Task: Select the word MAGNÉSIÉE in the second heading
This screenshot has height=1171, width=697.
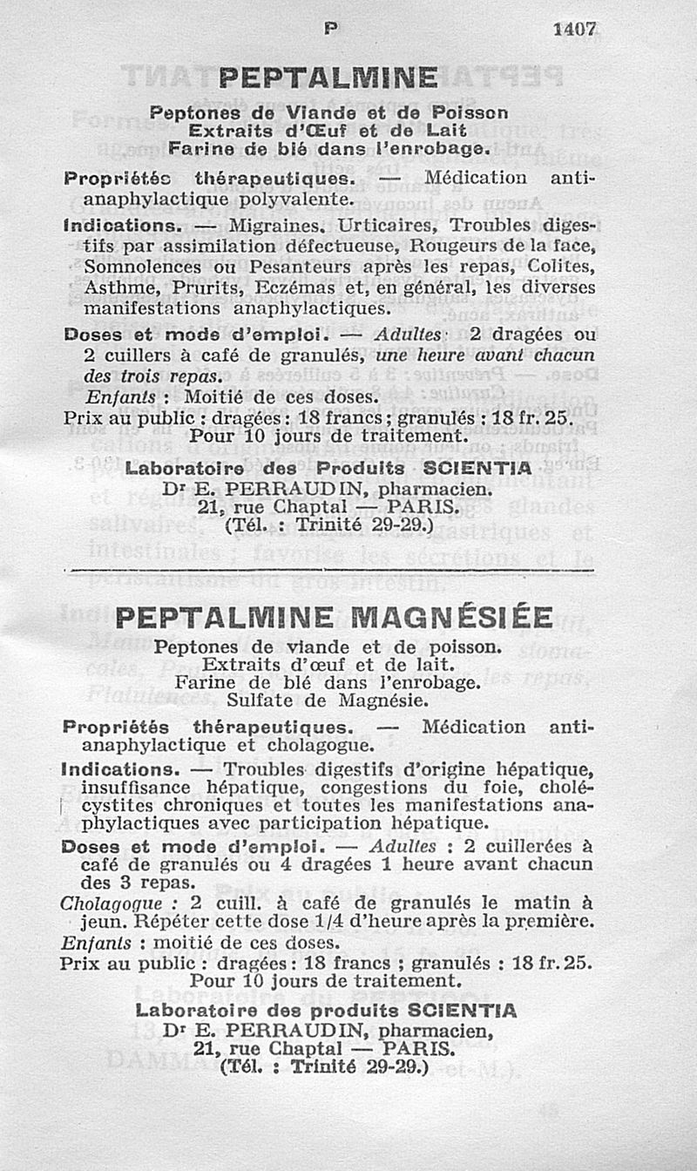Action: (x=454, y=617)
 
